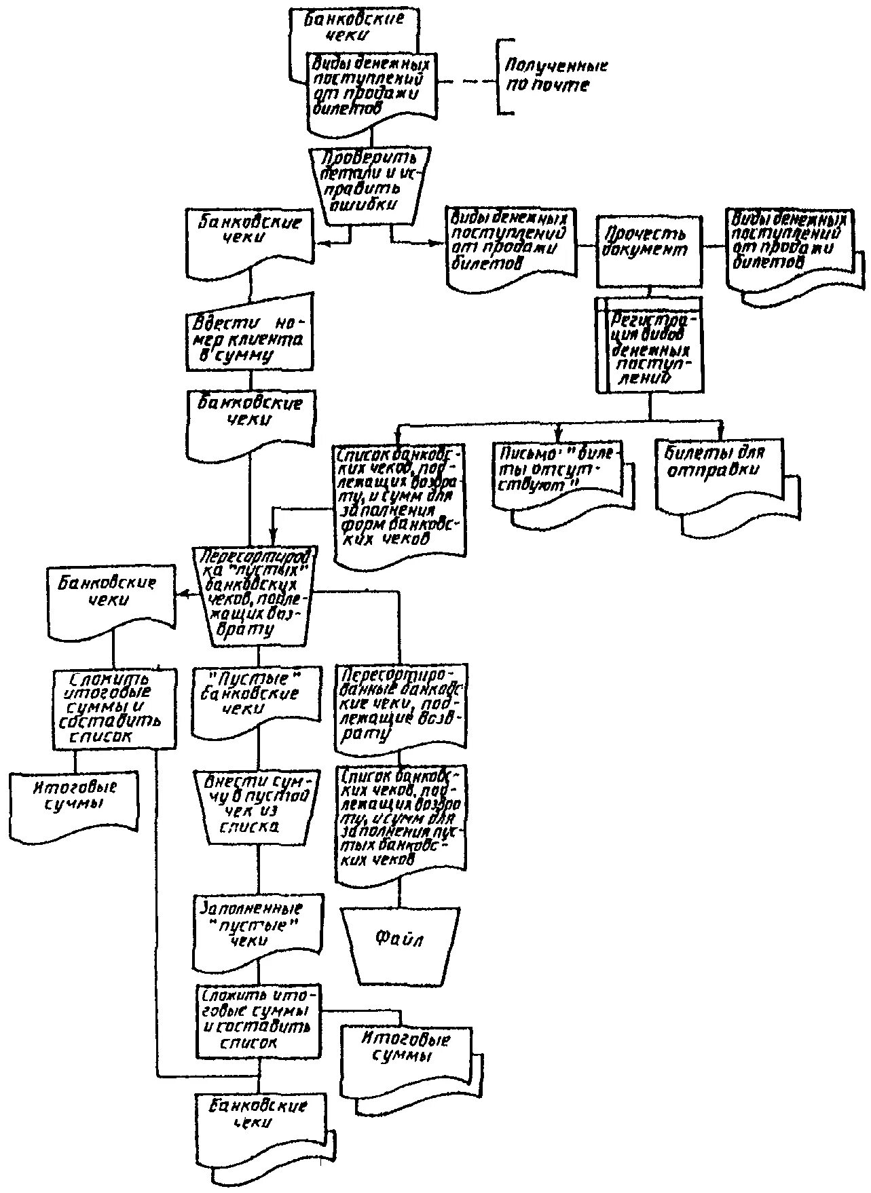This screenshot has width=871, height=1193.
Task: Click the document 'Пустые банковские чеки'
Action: [x=256, y=700]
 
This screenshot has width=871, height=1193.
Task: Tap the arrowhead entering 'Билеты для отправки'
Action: [x=721, y=433]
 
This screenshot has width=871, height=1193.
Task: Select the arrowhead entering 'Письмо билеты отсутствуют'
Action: [x=559, y=433]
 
